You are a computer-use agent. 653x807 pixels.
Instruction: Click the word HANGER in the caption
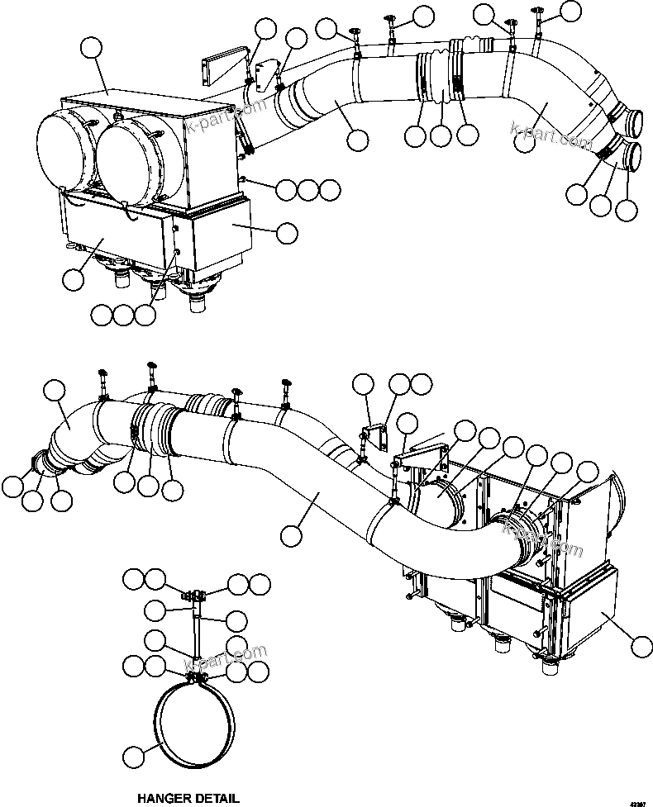tap(164, 798)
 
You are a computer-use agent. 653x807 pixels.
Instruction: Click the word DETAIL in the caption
tap(217, 798)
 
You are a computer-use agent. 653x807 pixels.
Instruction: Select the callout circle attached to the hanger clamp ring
tap(134, 755)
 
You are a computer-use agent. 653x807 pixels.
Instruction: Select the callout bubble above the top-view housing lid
tap(93, 50)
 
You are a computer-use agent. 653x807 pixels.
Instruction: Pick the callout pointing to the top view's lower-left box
tap(73, 278)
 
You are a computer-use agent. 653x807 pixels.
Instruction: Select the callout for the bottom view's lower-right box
tap(639, 643)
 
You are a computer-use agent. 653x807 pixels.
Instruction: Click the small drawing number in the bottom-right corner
tap(638, 801)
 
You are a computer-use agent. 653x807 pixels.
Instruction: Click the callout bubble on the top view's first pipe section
tap(358, 140)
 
